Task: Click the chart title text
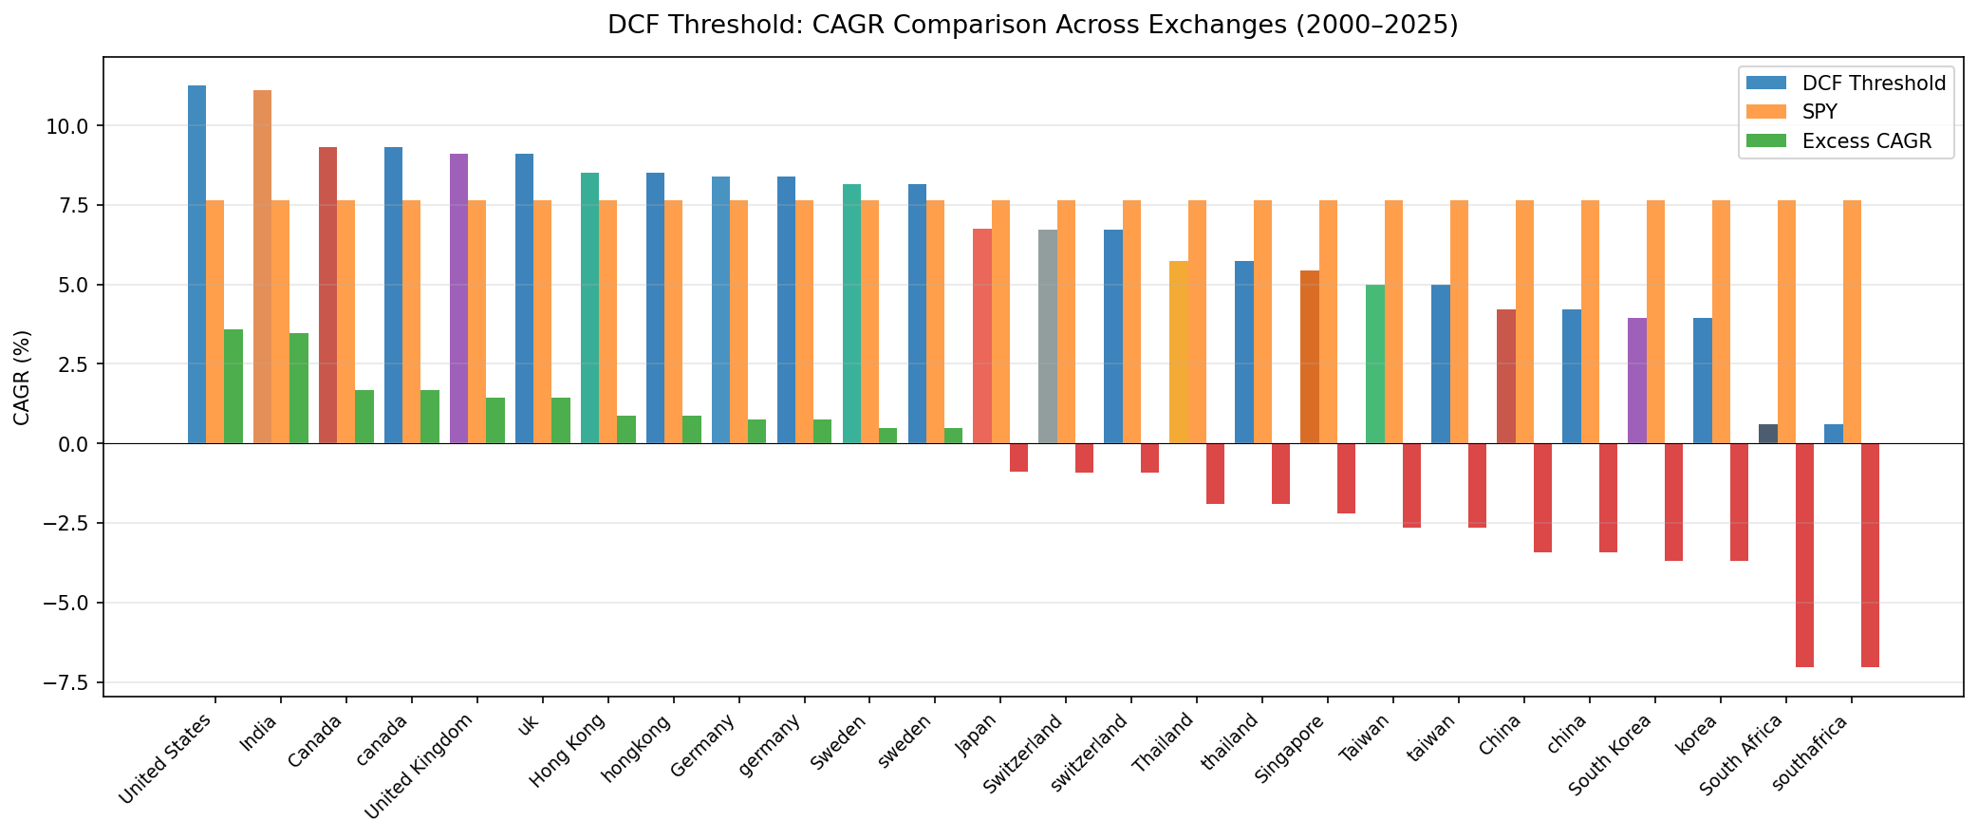[1033, 25]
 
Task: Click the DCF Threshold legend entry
[1860, 84]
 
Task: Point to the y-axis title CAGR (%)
[23, 377]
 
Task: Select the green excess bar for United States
[233, 386]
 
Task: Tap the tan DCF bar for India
[262, 267]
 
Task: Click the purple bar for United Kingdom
[458, 298]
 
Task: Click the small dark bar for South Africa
[1768, 434]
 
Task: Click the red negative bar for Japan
[1018, 457]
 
